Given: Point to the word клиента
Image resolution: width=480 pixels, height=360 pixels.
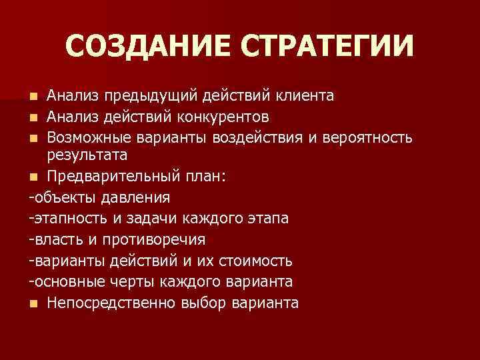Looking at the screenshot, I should pos(303,97).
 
